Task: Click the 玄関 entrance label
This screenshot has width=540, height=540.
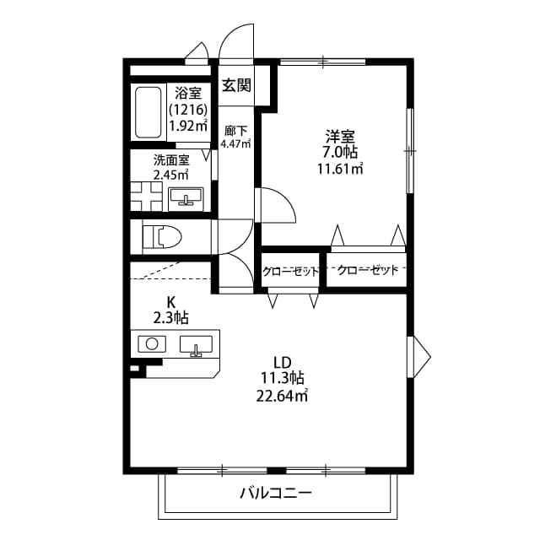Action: tap(236, 84)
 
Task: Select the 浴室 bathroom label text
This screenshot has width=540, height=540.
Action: tap(188, 93)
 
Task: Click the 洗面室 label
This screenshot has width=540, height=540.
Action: tap(170, 160)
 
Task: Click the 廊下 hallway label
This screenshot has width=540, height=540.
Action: tap(235, 131)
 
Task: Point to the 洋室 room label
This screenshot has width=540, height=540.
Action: tap(342, 135)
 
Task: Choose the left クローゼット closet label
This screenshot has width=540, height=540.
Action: tap(290, 271)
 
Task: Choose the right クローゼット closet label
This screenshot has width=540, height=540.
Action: tap(367, 271)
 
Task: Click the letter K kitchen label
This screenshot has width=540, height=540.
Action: tap(170, 302)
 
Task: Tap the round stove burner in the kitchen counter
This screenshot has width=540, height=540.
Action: tap(153, 343)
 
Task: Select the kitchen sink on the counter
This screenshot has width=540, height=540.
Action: tap(197, 346)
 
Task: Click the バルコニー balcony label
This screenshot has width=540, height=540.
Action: tap(276, 493)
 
